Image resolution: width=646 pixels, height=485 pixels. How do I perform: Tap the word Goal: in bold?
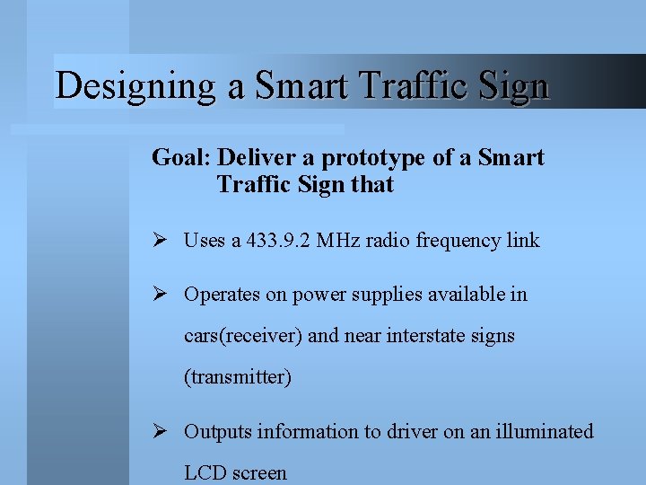(x=180, y=158)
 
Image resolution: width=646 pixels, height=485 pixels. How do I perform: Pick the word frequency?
(x=458, y=240)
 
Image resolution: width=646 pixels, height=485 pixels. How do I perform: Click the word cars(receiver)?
(x=243, y=336)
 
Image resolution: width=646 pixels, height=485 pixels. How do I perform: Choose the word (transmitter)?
(x=238, y=377)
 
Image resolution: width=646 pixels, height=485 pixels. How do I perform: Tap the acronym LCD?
(x=204, y=473)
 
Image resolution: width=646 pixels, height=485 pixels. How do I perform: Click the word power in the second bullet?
(x=310, y=294)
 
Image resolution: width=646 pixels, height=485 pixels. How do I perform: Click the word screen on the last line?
(x=258, y=473)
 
